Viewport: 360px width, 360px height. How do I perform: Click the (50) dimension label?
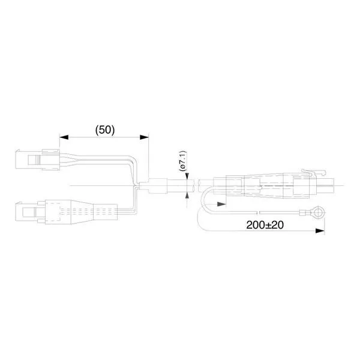[x=105, y=130]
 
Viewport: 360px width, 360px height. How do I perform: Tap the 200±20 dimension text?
[x=265, y=225]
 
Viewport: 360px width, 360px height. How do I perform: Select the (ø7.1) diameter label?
[x=183, y=161]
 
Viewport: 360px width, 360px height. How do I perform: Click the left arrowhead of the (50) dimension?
[x=64, y=137]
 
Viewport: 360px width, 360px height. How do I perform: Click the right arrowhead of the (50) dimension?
[x=144, y=137]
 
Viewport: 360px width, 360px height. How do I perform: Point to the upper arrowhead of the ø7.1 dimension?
[x=187, y=176]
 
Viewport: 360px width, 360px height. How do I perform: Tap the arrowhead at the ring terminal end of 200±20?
[x=320, y=231]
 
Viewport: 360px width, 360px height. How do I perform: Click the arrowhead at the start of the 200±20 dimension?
[x=221, y=204]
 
